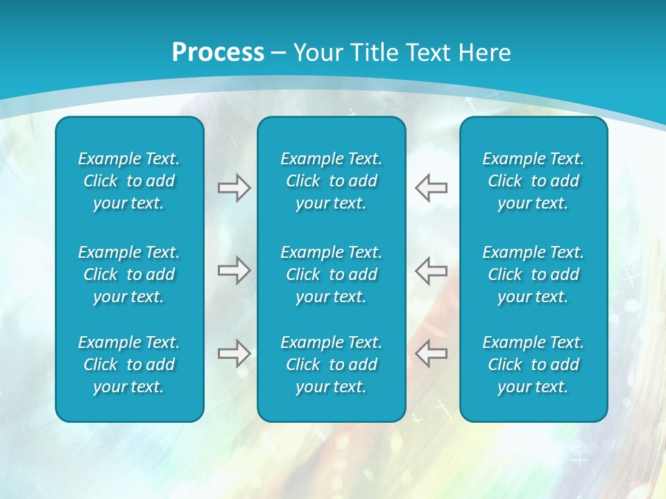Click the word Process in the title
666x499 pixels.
(x=218, y=53)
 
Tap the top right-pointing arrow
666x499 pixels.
(x=234, y=188)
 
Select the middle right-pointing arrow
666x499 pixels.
(x=234, y=270)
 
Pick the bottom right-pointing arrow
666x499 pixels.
(x=234, y=353)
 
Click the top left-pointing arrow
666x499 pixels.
(x=432, y=188)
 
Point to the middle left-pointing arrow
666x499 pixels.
(x=432, y=270)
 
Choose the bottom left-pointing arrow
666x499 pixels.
(x=432, y=353)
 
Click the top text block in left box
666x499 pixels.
(x=129, y=181)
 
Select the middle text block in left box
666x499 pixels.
(x=129, y=274)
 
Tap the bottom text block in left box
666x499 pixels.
(x=129, y=365)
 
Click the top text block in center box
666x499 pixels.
(x=332, y=181)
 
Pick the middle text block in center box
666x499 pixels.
(x=332, y=274)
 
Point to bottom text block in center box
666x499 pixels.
(x=332, y=365)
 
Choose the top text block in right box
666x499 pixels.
(x=533, y=181)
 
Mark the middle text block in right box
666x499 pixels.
(x=533, y=274)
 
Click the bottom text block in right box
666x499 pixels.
(x=533, y=365)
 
